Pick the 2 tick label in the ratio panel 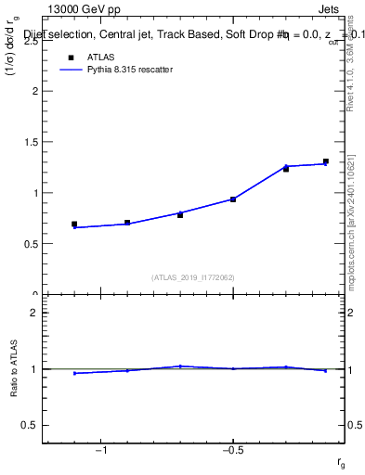35,314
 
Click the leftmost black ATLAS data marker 74,225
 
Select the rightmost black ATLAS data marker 326,161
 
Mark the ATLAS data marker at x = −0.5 233,199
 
